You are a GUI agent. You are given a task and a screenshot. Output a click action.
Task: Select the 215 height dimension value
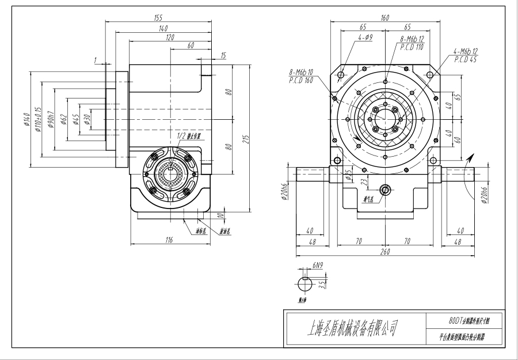246,139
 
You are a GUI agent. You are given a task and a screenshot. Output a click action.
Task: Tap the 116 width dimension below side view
169,240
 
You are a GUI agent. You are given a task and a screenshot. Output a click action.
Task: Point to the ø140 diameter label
27,122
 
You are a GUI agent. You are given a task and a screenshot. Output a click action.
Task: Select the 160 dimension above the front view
384,18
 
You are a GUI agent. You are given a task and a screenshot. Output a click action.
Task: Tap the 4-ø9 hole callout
365,37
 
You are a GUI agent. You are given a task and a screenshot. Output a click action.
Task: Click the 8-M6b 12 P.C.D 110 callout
412,43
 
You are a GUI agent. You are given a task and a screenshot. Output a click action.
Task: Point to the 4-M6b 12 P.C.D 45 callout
466,55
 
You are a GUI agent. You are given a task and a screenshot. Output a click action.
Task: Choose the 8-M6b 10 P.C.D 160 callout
301,76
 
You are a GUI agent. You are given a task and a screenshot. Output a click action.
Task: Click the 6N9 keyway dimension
317,265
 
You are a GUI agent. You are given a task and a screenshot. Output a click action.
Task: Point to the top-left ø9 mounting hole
341,75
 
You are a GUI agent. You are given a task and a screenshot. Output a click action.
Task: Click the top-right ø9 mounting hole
429,75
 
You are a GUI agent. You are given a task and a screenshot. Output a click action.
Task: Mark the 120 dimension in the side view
169,37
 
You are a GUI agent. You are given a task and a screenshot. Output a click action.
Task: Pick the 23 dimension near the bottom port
363,182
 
